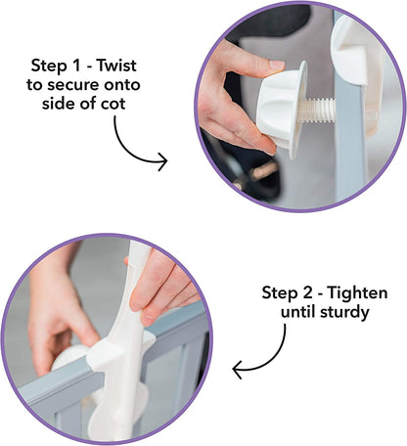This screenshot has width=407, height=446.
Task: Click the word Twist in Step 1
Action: pyautogui.click(x=116, y=66)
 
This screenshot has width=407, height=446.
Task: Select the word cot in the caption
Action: pyautogui.click(x=113, y=104)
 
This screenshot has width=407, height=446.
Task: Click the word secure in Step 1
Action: pyautogui.click(x=73, y=85)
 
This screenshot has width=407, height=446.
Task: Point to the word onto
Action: pyautogui.click(x=122, y=85)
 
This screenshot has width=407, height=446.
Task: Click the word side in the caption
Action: pyautogui.click(x=58, y=104)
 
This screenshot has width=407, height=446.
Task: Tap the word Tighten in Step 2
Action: pyautogui.click(x=357, y=293)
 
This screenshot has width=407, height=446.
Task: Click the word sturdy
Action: pyautogui.click(x=344, y=313)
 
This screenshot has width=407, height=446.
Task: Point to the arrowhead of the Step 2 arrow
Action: pyautogui.click(x=238, y=370)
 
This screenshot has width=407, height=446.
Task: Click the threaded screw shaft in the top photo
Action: pyautogui.click(x=317, y=111)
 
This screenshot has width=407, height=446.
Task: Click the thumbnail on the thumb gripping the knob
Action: pyautogui.click(x=277, y=65)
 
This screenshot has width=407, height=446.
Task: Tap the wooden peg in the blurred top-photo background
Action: pyautogui.click(x=263, y=171)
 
